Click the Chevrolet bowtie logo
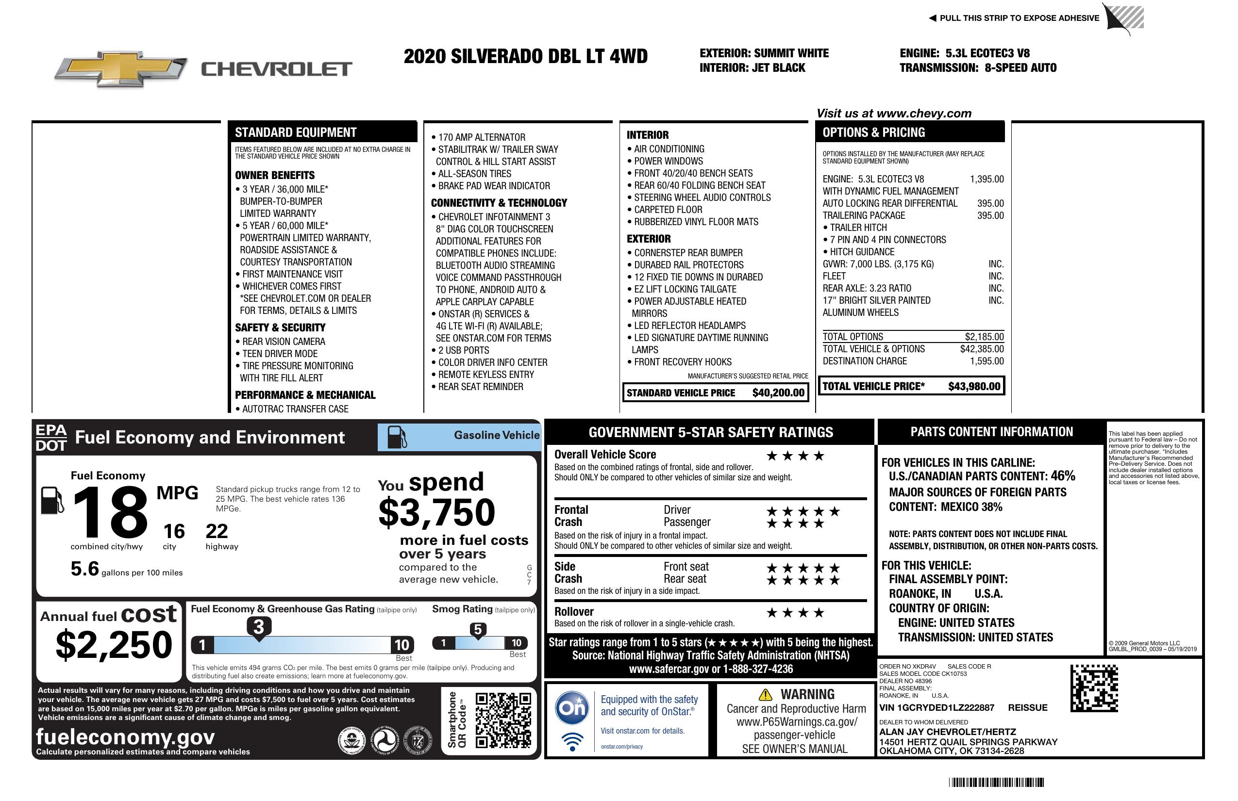pyautogui.click(x=121, y=68)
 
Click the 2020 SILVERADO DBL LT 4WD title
pyautogui.click(x=525, y=56)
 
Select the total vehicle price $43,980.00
pyautogui.click(x=974, y=386)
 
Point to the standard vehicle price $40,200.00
pyautogui.click(x=778, y=393)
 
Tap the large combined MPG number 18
pyautogui.click(x=110, y=513)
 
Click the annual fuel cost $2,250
pyautogui.click(x=114, y=645)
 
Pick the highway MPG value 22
pyautogui.click(x=217, y=531)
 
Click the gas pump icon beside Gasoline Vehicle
pyautogui.click(x=396, y=437)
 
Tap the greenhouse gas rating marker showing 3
pyautogui.click(x=258, y=627)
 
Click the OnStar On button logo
pyautogui.click(x=572, y=708)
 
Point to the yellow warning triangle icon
pyautogui.click(x=765, y=694)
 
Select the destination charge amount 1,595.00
pyautogui.click(x=986, y=361)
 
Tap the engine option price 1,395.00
pyautogui.click(x=986, y=180)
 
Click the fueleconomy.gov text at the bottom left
pyautogui.click(x=125, y=737)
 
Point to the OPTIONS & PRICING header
pyautogui.click(x=873, y=132)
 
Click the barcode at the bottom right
pyautogui.click(x=996, y=782)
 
